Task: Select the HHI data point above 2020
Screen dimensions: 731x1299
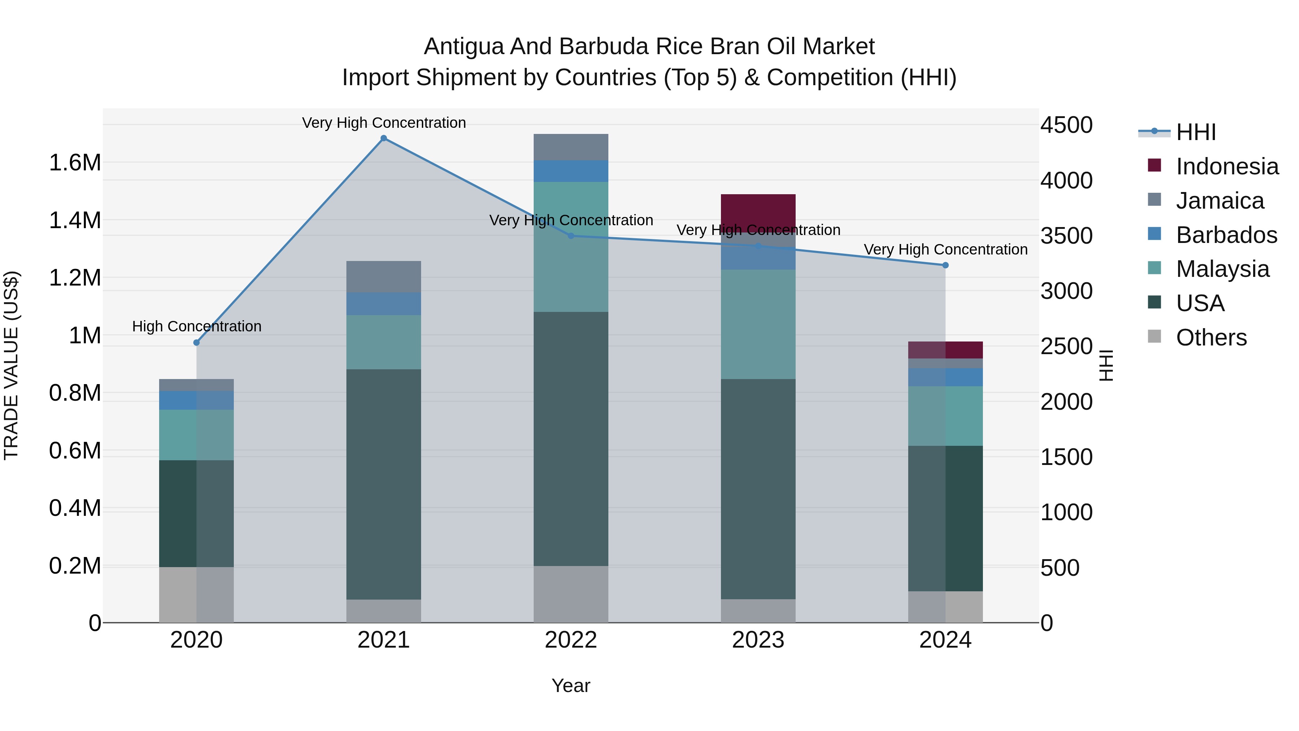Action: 197,343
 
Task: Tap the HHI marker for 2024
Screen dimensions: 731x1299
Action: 945,265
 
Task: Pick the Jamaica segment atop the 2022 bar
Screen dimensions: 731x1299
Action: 571,147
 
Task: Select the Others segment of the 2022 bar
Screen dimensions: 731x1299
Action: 571,594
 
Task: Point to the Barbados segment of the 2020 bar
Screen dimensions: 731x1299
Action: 196,400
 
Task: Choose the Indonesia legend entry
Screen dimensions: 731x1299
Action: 1226,166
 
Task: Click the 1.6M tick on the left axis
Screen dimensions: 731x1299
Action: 75,163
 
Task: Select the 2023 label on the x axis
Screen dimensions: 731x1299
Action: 758,640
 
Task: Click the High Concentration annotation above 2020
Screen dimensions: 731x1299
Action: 197,326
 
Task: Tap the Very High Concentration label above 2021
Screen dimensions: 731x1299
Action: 384,123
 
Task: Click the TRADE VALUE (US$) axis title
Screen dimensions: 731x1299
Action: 11,365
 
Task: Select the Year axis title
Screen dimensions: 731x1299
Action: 570,686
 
